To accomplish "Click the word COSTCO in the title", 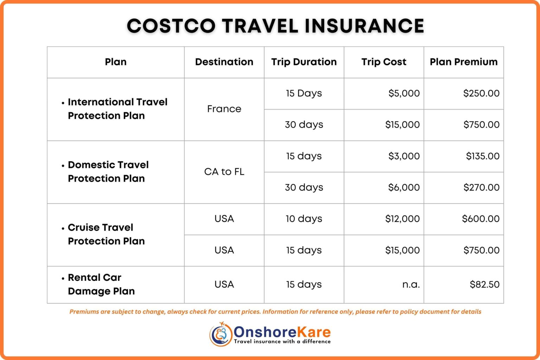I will point(171,26).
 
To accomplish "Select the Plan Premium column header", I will point(463,62).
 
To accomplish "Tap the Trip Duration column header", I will point(304,62).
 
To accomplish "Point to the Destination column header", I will point(224,62).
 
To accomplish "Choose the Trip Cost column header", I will point(384,62).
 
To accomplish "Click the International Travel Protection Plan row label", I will point(117,109).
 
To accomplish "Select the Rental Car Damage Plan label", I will point(101,284).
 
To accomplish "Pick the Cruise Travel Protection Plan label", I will point(106,234).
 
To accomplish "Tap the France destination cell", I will point(224,109).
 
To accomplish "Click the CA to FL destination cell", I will point(224,172).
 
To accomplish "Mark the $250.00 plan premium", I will point(481,93).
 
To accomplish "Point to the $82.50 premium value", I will point(484,284).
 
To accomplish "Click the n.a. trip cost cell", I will point(411,284).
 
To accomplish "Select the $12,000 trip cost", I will point(402,219).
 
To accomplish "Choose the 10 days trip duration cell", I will point(304,219).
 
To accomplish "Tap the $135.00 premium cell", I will point(482,156).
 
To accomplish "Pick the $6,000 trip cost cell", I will point(404,187).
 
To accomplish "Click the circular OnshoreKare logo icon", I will point(221,334).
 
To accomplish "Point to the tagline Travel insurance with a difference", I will point(282,341).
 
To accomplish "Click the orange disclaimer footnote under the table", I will point(275,312).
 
